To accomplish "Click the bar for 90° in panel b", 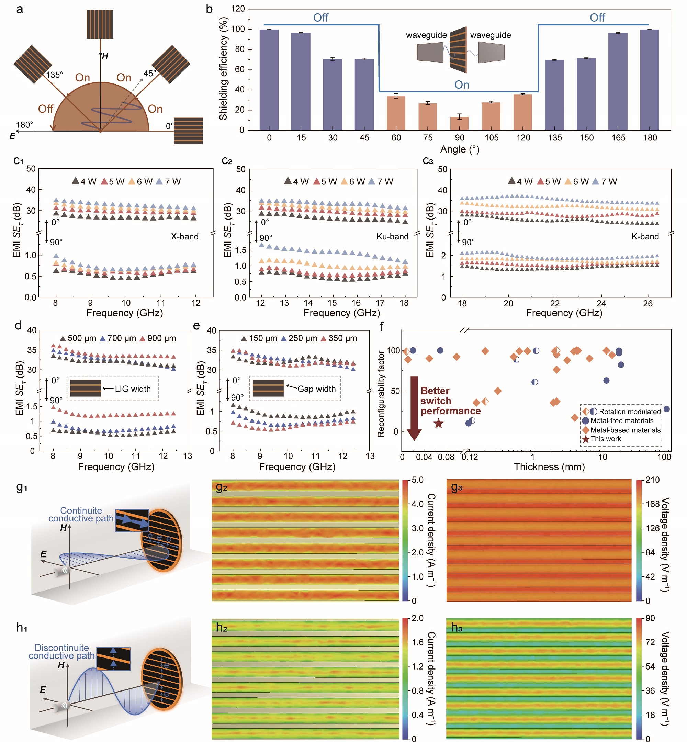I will (x=460, y=123).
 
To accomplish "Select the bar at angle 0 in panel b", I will (x=269, y=80).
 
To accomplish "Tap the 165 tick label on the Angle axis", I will (x=618, y=138).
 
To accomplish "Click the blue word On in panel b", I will (x=462, y=85).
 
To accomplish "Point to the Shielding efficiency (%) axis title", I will (x=223, y=68).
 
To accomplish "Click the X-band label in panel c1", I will (x=184, y=236).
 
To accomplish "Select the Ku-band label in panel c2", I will (x=392, y=236).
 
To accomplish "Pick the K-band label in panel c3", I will (x=645, y=236).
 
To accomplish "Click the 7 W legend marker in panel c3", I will (x=595, y=181).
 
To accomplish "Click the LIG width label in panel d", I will (x=133, y=389).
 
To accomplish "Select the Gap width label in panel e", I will (x=316, y=389).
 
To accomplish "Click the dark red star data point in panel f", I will (x=439, y=423).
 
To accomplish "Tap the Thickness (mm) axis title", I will (x=549, y=467).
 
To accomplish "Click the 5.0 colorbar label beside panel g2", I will (x=417, y=480).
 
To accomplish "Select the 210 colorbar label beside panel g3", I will (x=652, y=480).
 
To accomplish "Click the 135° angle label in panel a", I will (x=54, y=75).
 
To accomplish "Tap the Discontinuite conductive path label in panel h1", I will (x=62, y=652).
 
